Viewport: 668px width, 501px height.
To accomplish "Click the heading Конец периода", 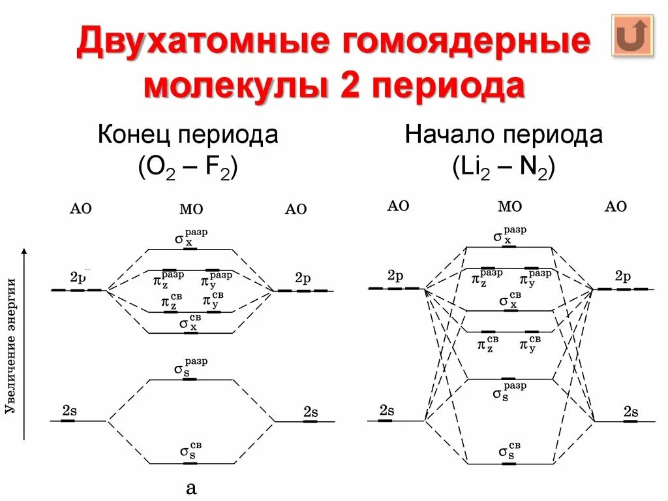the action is tap(188, 135).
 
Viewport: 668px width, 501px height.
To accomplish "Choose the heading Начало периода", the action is tap(504, 135).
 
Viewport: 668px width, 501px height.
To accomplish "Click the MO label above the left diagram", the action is tap(190, 209).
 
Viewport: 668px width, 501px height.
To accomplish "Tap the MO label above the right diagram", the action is tap(509, 206).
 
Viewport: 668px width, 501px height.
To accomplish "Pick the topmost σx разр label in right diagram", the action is tap(509, 236).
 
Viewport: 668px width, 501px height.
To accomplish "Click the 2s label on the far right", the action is tap(630, 412).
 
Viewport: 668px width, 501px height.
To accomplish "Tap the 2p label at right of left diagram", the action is tap(303, 278).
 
